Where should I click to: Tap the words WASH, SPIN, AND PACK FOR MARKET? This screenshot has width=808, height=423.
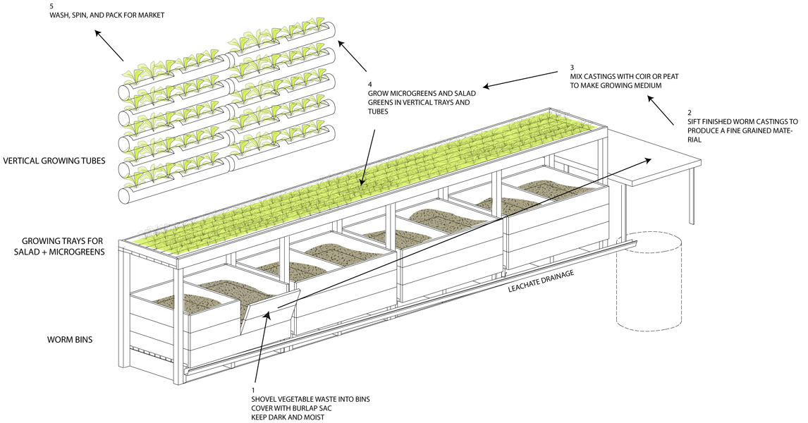[x=106, y=15]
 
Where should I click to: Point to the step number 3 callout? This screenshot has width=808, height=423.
[x=573, y=68]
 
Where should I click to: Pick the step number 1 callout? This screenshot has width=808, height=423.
[x=254, y=390]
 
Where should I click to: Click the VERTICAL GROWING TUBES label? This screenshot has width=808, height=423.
[x=54, y=161]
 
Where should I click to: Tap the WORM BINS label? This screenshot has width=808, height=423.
[x=71, y=340]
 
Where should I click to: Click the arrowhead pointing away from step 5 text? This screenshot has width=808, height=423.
[x=99, y=33]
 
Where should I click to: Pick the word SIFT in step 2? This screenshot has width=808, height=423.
[x=696, y=121]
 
